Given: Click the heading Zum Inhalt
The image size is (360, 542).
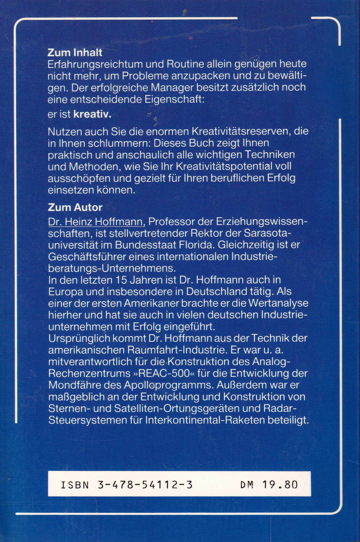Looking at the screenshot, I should (75, 53).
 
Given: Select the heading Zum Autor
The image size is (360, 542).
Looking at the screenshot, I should (75, 207).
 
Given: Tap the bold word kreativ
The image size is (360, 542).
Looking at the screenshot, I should (92, 115).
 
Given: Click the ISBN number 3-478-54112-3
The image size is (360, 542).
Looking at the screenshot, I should (145, 485).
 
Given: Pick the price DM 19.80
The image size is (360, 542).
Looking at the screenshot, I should (269, 485).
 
